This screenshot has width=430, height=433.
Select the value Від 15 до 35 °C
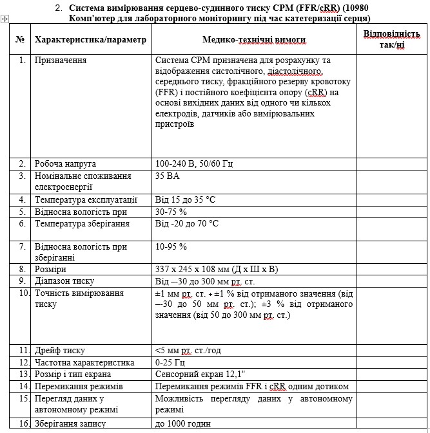pos(187,199)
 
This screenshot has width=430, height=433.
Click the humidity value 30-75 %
pos(171,211)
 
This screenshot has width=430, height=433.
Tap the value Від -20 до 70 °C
pos(187,223)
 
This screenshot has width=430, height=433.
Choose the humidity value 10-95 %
pos(171,246)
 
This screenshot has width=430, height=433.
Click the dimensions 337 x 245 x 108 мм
pos(217,269)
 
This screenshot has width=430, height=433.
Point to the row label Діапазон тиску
pos(65,281)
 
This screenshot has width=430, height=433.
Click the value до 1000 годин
pos(183,423)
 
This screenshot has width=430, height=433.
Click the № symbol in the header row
pos(20,40)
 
